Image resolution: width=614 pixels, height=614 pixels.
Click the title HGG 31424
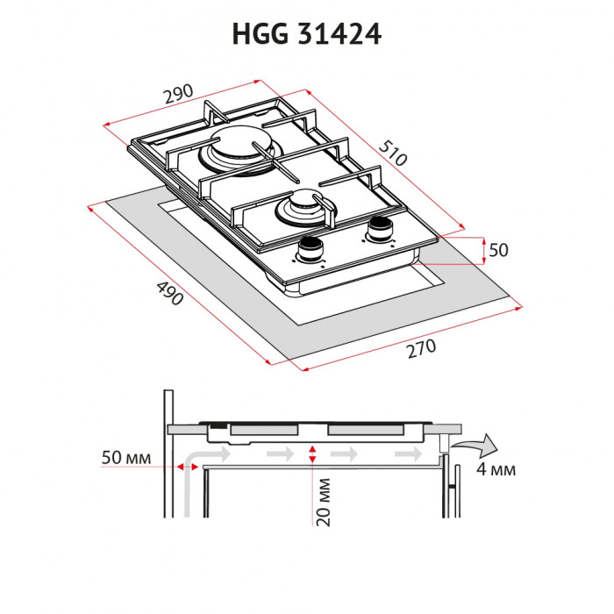pyautogui.click(x=306, y=33)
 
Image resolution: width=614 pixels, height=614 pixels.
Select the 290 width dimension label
pyautogui.click(x=178, y=93)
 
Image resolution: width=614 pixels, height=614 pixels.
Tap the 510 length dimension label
pyautogui.click(x=394, y=154)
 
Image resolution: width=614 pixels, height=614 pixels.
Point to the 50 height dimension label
pyautogui.click(x=498, y=250)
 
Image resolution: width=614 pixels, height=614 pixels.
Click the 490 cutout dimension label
pyautogui.click(x=168, y=293)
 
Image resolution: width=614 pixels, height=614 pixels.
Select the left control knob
pyautogui.click(x=310, y=250)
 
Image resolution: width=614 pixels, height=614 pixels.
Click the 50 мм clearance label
pyautogui.click(x=126, y=459)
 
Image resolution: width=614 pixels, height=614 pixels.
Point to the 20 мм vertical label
pyautogui.click(x=324, y=501)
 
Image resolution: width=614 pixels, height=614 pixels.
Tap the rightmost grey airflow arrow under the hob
pyautogui.click(x=407, y=454)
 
